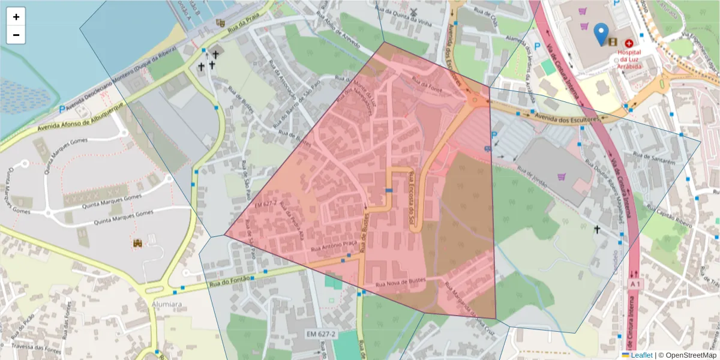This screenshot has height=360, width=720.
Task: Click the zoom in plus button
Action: [16, 17]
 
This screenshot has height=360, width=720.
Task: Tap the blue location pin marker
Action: [601, 34]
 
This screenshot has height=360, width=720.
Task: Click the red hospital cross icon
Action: [629, 43]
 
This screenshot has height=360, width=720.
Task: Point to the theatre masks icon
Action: [220, 23]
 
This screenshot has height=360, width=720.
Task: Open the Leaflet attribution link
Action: [641, 355]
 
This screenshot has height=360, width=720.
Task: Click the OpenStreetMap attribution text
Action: [687, 355]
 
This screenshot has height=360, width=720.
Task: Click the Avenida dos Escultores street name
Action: [569, 118]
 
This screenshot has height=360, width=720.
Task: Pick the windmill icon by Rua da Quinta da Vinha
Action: [413, 12]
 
